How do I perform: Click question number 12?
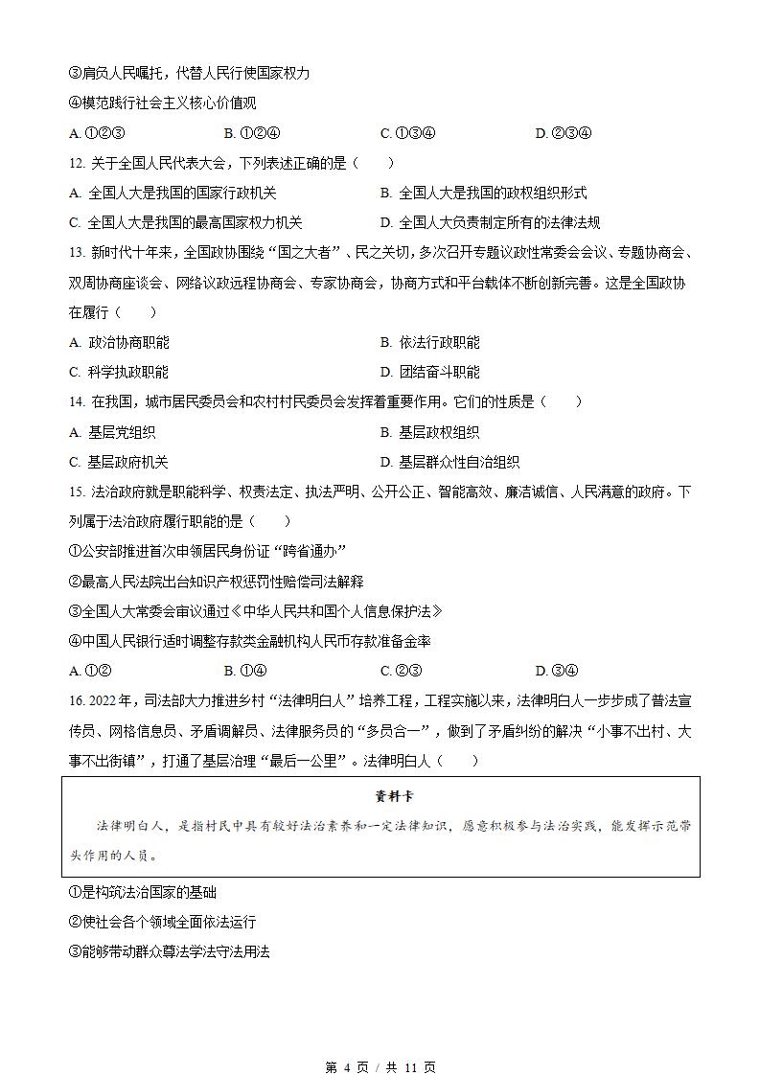point(78,163)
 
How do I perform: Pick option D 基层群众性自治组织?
point(449,462)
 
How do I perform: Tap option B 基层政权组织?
point(429,432)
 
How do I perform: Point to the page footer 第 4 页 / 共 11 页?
point(380,1067)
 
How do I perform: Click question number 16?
point(79,701)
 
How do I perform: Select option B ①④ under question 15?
point(244,671)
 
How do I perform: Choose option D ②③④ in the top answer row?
point(564,133)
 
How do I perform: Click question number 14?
point(78,402)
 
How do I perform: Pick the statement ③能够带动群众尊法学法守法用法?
point(170,952)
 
